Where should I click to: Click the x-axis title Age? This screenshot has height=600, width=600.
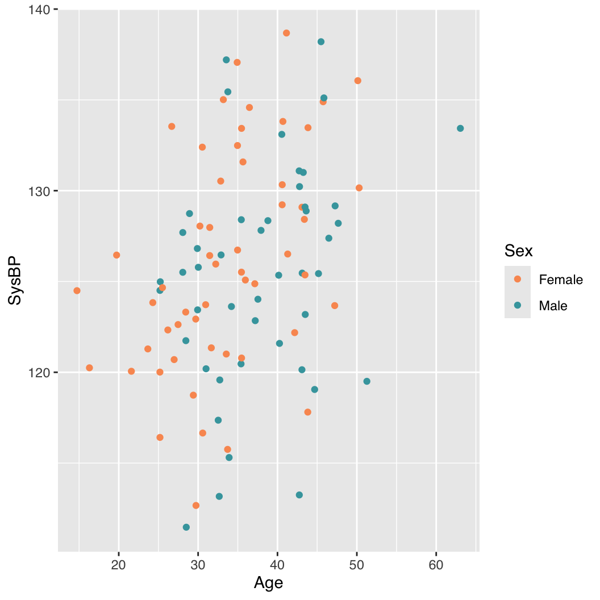point(268,583)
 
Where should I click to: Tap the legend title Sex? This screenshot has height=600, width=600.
point(518,251)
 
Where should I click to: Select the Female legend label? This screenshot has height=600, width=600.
point(560,280)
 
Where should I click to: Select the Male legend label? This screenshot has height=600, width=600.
point(553,306)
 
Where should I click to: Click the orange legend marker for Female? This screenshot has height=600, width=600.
point(517,279)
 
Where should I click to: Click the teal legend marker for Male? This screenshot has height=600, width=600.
point(517,305)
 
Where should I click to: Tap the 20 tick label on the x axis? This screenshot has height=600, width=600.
point(119,564)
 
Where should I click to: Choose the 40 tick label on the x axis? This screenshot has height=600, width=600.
point(277,564)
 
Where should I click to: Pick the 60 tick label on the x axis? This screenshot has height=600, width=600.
point(436,564)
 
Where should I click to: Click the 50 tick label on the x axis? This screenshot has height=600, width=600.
point(356,564)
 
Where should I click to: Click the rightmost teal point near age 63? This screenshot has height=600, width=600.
point(460,128)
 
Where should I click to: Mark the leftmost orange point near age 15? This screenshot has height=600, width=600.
point(77,291)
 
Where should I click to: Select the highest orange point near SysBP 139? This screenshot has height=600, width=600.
point(286,33)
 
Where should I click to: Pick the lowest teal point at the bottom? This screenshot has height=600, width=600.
point(186,527)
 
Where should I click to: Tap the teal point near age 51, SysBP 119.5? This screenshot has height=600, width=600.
point(366,381)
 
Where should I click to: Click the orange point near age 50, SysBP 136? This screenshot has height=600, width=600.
point(357,81)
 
